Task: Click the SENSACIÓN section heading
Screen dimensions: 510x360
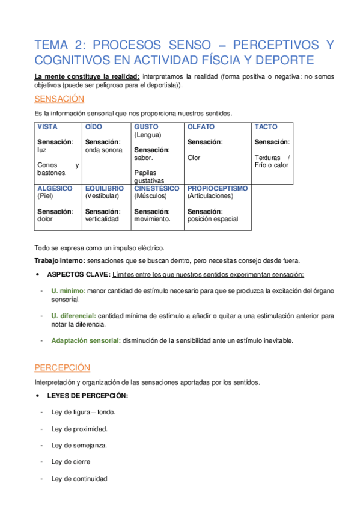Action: point(59,99)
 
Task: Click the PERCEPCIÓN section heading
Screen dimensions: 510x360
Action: point(62,367)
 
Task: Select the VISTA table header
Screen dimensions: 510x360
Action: point(47,127)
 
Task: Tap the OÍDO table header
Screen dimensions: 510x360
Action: point(94,127)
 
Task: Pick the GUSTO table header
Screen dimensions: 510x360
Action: point(146,127)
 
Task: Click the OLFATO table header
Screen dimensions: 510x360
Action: point(201,127)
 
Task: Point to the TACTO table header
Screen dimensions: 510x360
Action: point(266,127)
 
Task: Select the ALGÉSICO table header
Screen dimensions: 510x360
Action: point(55,188)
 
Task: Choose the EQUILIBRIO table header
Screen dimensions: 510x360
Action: point(105,188)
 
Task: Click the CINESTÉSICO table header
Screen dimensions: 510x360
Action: point(157,188)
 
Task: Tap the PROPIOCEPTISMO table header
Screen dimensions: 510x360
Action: point(217,188)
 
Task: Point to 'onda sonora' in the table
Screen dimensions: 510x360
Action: point(103,150)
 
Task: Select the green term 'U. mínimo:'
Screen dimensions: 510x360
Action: point(68,291)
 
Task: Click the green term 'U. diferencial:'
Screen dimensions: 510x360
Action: point(73,315)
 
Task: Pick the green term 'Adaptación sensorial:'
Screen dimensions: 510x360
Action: point(86,340)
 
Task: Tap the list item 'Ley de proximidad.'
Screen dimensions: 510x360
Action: point(79,429)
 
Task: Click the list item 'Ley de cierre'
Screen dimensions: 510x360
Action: point(72,462)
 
